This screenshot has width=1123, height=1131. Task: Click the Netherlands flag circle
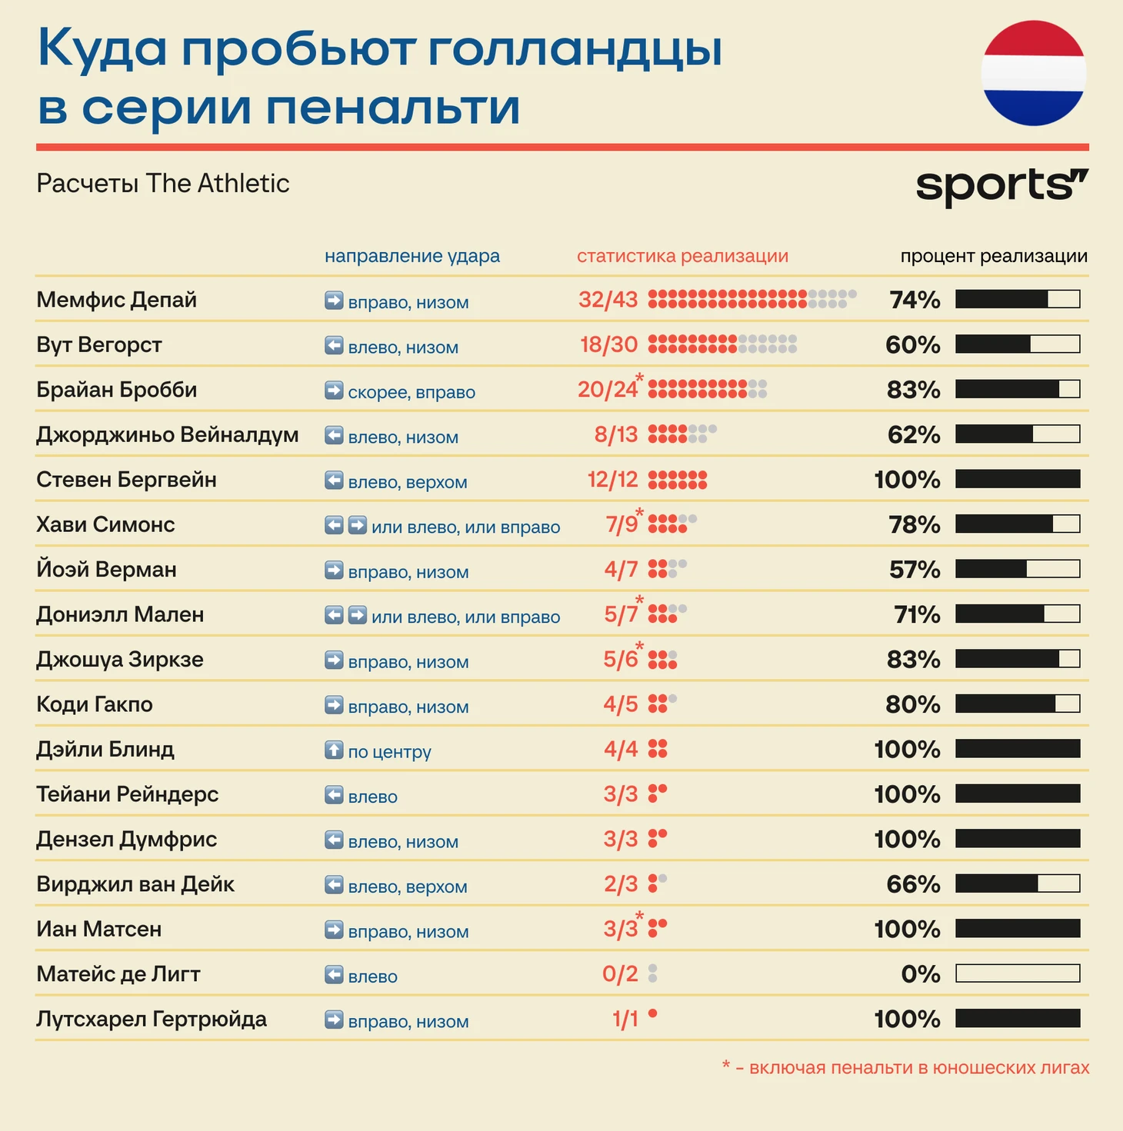coord(1033,74)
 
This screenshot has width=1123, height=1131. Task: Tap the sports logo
coord(1001,186)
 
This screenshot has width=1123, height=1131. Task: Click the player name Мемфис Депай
coord(116,300)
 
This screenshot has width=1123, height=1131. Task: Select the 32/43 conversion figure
coord(608,300)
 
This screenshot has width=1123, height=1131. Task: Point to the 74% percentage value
coord(915,300)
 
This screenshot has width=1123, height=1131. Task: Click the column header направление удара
coord(412,256)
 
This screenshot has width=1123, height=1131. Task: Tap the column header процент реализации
coord(994,256)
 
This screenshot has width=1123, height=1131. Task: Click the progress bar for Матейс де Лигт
coord(1018,973)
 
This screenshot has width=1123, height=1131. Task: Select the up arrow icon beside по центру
coord(334,750)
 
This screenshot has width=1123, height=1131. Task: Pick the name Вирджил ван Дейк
coord(135,884)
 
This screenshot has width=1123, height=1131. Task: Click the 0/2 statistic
coord(620,974)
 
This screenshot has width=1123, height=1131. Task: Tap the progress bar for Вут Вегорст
coord(1018,344)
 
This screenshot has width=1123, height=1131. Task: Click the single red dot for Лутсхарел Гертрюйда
coord(652,1014)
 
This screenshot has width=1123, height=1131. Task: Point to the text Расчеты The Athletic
coord(163,183)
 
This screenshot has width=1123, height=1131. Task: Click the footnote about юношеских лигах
coord(905,1067)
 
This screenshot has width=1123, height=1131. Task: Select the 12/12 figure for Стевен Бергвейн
coord(612,480)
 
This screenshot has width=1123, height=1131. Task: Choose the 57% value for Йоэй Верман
coord(915,570)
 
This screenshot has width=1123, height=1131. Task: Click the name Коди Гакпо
coord(95,704)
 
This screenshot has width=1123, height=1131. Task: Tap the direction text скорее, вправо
coord(412,392)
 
